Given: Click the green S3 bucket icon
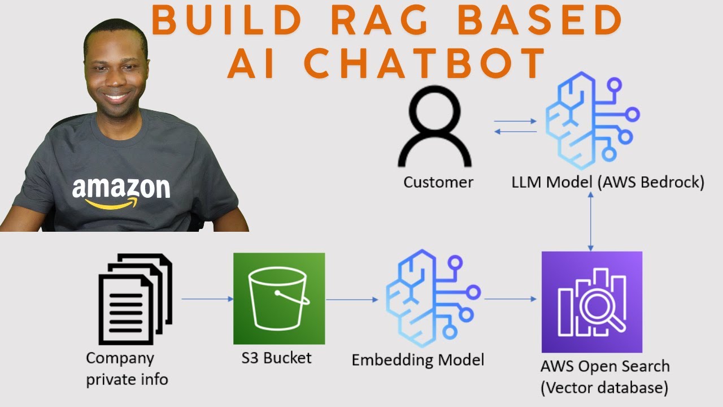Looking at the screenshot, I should [x=279, y=298].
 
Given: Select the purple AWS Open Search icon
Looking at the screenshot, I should [x=591, y=302].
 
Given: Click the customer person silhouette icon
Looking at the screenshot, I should [x=434, y=129].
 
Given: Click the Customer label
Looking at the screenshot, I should [x=438, y=183].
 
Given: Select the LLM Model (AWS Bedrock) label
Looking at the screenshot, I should [x=608, y=183].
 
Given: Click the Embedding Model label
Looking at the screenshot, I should [x=418, y=360].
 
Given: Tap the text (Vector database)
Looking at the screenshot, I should [x=604, y=388].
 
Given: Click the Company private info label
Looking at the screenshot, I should [x=127, y=368].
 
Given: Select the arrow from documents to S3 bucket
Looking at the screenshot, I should [x=207, y=299].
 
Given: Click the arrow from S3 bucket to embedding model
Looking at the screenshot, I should [x=352, y=300].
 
